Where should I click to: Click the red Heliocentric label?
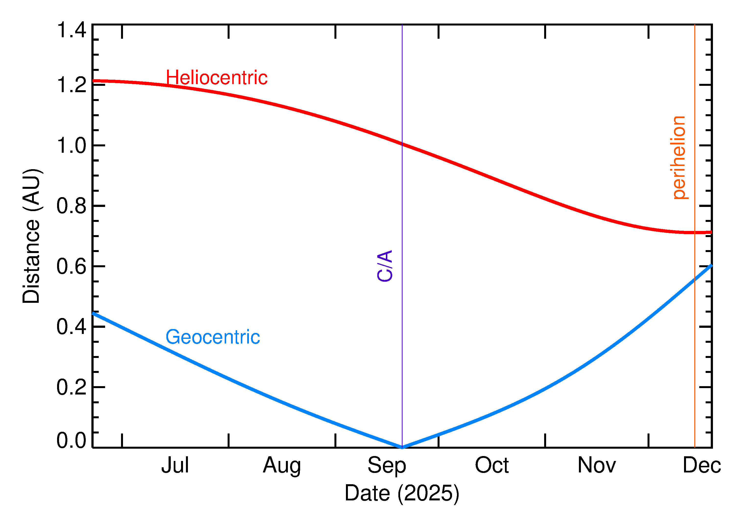[216, 78]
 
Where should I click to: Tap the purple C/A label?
[385, 266]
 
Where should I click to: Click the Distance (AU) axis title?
[31, 236]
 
